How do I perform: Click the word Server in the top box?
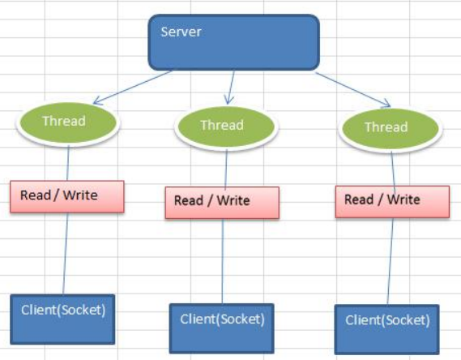click(x=181, y=32)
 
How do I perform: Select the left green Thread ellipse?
click(x=67, y=123)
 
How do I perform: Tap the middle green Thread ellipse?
click(x=226, y=127)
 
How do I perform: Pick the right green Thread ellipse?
click(x=391, y=129)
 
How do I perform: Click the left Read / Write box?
click(x=67, y=196)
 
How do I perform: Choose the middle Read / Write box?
click(x=222, y=203)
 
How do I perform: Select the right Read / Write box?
click(x=392, y=202)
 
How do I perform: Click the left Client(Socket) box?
click(x=62, y=319)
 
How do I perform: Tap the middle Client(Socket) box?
click(x=222, y=328)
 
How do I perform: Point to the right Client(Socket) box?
click(x=387, y=329)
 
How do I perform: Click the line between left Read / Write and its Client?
click(x=66, y=254)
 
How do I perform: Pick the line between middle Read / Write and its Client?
click(x=222, y=261)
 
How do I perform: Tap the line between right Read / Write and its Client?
click(x=391, y=261)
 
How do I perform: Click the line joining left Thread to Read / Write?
click(x=68, y=163)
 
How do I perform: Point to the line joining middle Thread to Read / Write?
click(x=226, y=168)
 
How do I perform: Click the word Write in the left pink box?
click(x=80, y=195)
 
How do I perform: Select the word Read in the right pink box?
click(x=359, y=199)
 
